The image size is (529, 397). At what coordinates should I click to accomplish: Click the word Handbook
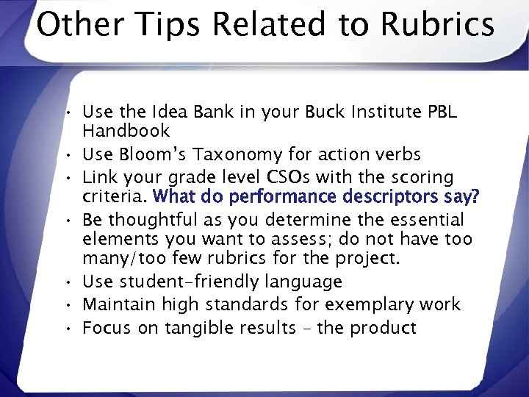click(x=126, y=132)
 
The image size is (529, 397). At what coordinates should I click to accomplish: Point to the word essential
click(x=429, y=220)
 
